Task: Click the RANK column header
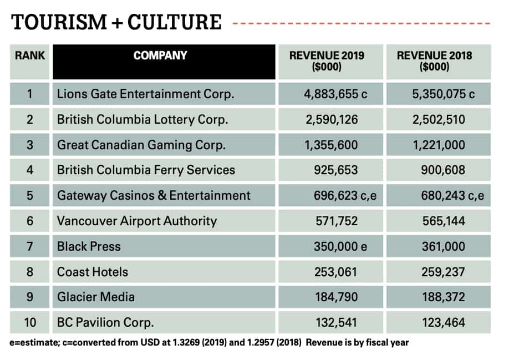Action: coord(30,55)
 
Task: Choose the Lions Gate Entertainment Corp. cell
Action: coord(146,94)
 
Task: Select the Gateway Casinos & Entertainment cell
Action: coord(154,195)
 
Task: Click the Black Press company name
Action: coord(89,246)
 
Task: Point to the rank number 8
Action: coord(30,272)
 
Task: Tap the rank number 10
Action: coord(30,322)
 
